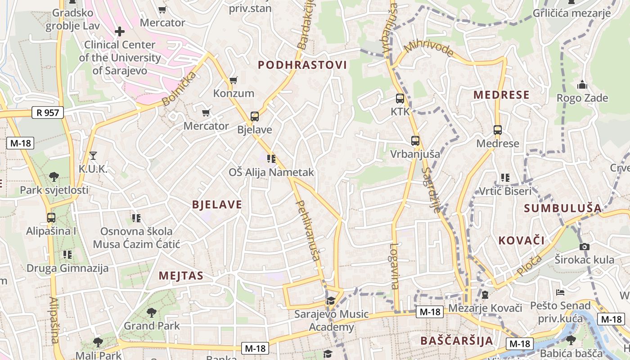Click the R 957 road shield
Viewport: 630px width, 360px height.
48,112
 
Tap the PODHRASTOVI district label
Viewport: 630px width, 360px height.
302,65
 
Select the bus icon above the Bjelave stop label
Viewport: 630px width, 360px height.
255,117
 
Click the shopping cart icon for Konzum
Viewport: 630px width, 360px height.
233,80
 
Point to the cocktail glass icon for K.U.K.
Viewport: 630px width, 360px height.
93,156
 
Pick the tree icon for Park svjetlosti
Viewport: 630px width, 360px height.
54,176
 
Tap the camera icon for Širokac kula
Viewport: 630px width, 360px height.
585,246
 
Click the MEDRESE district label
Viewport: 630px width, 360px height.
502,95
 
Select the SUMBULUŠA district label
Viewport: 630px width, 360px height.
563,208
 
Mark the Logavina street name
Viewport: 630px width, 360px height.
395,265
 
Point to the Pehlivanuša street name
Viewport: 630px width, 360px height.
308,230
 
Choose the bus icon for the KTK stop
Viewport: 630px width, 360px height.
400,98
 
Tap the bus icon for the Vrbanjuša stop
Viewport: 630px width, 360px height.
415,140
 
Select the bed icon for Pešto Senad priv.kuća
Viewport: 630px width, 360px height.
560,292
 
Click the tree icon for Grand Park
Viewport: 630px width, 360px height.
152,312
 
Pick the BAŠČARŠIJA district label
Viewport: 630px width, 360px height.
457,340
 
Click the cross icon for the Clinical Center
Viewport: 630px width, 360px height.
120,31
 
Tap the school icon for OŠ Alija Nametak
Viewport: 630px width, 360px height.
271,158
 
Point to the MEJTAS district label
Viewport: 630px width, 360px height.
181,276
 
